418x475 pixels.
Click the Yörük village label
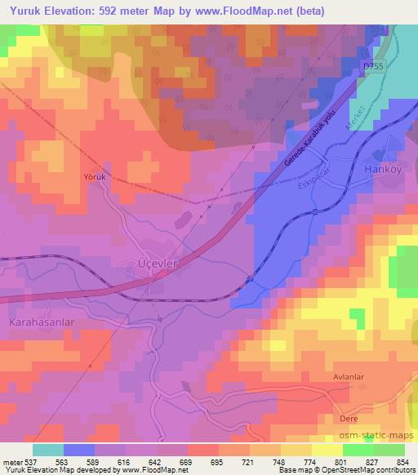pyautogui.click(x=95, y=176)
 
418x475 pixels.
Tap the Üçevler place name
pyautogui.click(x=155, y=264)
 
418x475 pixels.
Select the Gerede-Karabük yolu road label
pyautogui.click(x=309, y=142)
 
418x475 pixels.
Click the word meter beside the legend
pyautogui.click(x=11, y=461)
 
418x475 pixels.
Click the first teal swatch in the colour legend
pyautogui.click(x=48, y=450)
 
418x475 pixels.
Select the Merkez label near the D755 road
pyautogui.click(x=354, y=114)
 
